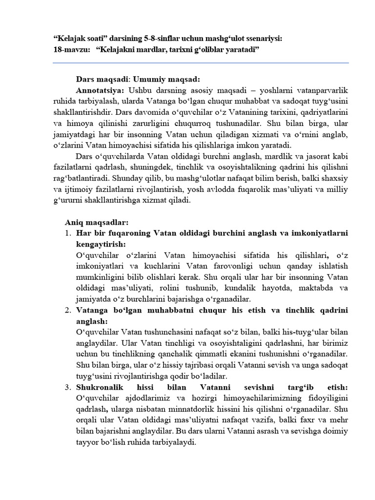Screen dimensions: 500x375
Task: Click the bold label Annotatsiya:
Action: (x=100, y=91)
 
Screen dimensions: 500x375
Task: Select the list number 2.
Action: (x=68, y=310)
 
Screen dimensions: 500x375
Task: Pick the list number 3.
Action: (x=68, y=387)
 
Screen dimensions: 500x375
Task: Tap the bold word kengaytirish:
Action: (x=101, y=244)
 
